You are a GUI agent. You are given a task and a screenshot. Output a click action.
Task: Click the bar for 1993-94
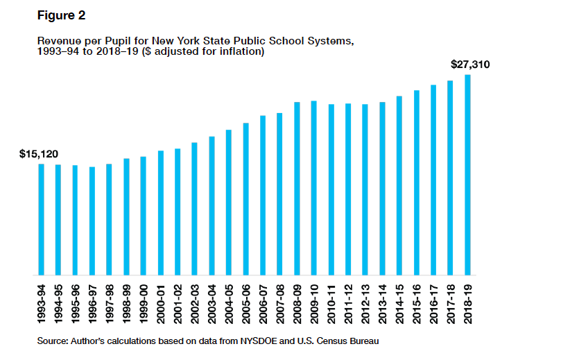point(42,219)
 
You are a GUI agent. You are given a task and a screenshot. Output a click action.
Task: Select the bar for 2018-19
point(468,175)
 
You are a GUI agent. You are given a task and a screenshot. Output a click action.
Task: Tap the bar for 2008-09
point(297,189)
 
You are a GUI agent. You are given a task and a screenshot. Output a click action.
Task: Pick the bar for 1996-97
point(92,221)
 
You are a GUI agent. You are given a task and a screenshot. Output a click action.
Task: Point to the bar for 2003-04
point(211,206)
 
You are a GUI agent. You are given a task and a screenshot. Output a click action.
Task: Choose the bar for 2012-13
point(365,189)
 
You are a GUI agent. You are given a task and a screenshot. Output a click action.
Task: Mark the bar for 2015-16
point(417,182)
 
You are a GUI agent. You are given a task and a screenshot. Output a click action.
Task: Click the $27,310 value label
point(470,65)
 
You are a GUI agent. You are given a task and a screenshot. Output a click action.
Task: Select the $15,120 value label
point(39,153)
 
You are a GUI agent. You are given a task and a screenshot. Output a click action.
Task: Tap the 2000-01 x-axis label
point(161,302)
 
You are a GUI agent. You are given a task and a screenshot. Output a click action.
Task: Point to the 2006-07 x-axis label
point(263,302)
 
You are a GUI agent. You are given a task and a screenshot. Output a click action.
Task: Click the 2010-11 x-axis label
point(331,302)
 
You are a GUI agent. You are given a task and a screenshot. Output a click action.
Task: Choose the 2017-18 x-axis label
point(451,302)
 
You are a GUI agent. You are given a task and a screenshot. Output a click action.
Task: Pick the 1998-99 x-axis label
point(127,302)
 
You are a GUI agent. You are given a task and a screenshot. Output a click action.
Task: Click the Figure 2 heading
point(61,15)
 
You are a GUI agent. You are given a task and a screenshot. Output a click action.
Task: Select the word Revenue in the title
point(58,41)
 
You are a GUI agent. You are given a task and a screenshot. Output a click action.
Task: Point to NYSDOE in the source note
point(248,341)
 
